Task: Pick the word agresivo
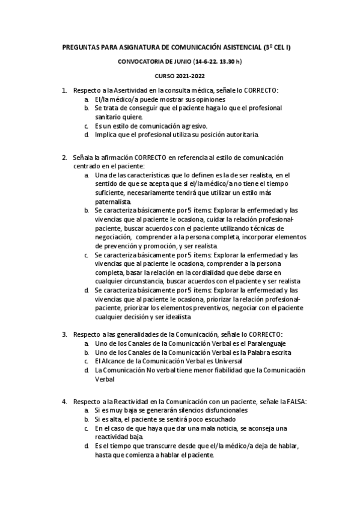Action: coord(191,126)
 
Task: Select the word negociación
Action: coord(113,237)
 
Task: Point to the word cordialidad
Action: coord(215,272)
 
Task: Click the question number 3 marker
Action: coord(64,334)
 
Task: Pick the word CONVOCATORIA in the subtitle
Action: coord(143,61)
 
